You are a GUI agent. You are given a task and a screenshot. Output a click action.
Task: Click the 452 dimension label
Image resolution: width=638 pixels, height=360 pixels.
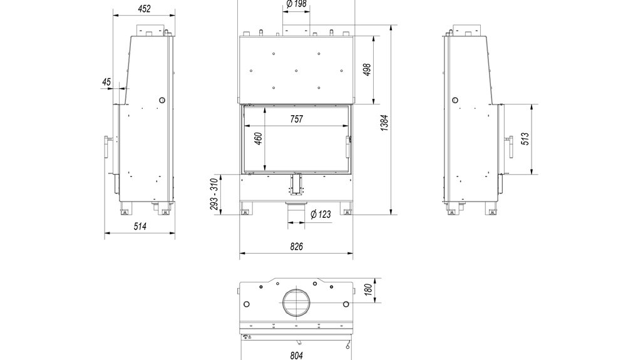tap(144, 9)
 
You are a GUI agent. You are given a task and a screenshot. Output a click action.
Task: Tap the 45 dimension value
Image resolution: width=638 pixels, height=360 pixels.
tap(106, 82)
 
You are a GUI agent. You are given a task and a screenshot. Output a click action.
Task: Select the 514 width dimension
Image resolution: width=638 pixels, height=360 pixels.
tap(140, 226)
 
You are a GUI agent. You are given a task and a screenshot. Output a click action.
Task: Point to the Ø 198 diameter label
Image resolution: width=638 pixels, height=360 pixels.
tap(296, 4)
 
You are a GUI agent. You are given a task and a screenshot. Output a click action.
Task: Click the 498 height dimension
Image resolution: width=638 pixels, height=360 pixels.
tap(367, 70)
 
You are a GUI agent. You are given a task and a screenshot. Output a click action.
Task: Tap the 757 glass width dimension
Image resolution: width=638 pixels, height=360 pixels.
tap(297, 119)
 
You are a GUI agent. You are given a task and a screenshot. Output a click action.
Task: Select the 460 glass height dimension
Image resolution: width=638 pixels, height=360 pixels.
tap(258, 139)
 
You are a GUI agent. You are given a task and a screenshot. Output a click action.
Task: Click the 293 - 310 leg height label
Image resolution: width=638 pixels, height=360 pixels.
tap(214, 195)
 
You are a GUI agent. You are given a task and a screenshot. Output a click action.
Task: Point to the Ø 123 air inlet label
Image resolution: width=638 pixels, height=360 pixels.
tap(321, 214)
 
